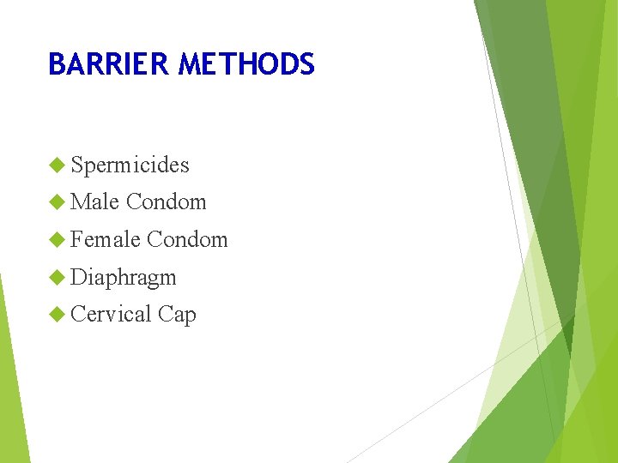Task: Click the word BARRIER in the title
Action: [x=109, y=64]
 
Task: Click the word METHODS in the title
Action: [x=247, y=64]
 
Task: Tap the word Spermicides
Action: [x=130, y=165]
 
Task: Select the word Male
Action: [x=94, y=202]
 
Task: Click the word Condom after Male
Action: [x=167, y=202]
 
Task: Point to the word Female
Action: [x=105, y=240]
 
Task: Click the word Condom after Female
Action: [x=187, y=240]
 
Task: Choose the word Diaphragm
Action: [x=124, y=278]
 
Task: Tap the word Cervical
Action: [x=110, y=315]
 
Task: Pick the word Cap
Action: [x=177, y=316]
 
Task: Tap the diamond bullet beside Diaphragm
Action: [x=58, y=277]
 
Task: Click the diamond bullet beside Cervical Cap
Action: [x=58, y=315]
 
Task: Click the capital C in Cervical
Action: [x=78, y=315]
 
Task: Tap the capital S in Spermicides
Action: [x=77, y=165]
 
